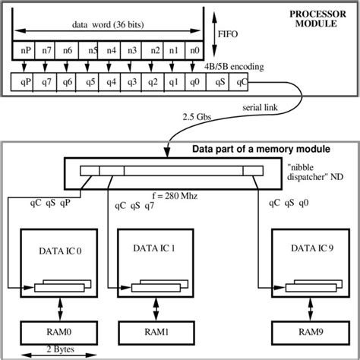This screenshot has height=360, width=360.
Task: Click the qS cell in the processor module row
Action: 219,80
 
